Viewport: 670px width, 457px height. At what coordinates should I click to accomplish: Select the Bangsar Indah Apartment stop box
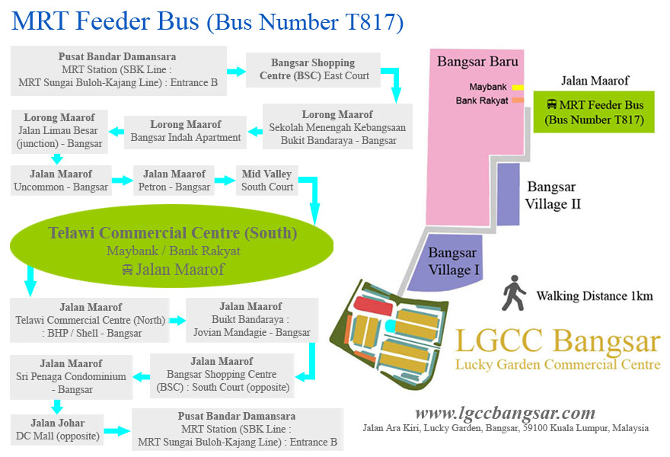pos(186,131)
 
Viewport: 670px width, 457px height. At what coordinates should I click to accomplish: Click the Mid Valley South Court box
pos(267,181)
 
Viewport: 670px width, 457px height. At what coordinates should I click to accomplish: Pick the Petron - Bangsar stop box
pos(174,181)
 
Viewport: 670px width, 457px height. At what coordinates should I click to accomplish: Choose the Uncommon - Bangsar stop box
pos(61,181)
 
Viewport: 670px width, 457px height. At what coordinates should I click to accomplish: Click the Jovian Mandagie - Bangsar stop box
pos(250,319)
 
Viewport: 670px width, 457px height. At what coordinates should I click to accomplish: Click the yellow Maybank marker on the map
pos(518,87)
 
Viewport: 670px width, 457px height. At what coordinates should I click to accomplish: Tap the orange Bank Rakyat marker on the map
pos(518,100)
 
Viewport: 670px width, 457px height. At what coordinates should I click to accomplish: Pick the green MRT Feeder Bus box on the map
pos(594,112)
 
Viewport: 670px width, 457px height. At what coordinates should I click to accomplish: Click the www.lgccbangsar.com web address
pos(505,413)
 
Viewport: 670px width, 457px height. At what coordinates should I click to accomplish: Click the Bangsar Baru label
pos(467,62)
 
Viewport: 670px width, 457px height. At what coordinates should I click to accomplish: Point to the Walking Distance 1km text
pos(594,296)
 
